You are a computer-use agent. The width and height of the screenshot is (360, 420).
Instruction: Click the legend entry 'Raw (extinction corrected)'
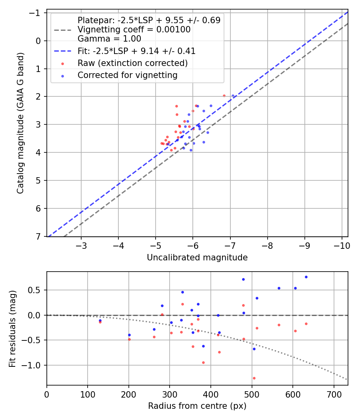[132, 63]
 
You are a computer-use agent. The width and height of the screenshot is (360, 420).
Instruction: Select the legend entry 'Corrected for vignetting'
[127, 75]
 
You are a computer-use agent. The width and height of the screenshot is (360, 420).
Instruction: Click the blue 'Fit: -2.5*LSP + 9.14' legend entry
[136, 51]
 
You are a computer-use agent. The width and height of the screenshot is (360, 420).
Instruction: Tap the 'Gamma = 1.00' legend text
[109, 39]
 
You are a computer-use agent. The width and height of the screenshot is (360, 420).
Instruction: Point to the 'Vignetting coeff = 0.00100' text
[134, 30]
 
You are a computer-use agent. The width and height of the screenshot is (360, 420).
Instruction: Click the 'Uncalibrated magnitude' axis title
[197, 258]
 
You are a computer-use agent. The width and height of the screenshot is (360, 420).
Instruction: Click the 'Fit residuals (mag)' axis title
[12, 328]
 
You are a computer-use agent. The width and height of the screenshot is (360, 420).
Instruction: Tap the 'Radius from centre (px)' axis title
[197, 406]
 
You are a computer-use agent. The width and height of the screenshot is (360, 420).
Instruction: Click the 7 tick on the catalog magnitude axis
[39, 236]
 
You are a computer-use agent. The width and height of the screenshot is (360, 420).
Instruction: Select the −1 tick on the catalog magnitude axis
[37, 13]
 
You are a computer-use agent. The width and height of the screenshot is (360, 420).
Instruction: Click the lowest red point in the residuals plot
[254, 378]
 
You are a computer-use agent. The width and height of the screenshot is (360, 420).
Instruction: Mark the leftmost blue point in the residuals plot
[100, 320]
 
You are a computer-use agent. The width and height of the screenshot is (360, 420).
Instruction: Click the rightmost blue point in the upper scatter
[233, 96]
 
